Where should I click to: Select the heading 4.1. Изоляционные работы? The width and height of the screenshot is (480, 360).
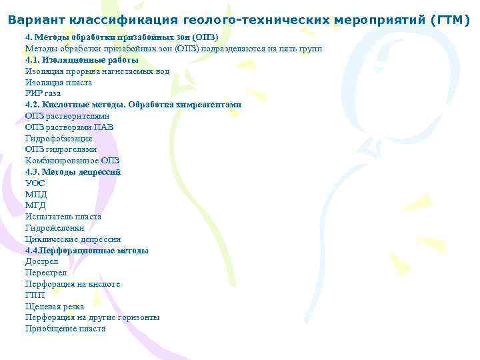[82, 60]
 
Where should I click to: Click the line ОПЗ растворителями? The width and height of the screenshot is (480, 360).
[67, 116]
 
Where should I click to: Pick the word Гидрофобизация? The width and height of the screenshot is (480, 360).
[59, 139]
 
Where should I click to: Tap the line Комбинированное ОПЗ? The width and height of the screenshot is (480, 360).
[73, 161]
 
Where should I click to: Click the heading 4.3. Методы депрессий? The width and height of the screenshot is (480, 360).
[73, 172]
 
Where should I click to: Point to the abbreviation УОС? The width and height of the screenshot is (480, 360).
[36, 183]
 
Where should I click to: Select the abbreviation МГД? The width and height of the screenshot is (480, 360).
[36, 205]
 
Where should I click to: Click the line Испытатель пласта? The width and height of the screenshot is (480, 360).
[63, 217]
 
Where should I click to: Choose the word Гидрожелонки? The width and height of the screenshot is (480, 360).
[55, 227]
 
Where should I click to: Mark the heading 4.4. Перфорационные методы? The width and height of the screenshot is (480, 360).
[87, 250]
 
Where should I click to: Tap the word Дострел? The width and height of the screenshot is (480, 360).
[42, 261]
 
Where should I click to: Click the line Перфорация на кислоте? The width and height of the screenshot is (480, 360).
[73, 283]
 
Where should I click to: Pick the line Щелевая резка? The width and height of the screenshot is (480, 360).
[55, 306]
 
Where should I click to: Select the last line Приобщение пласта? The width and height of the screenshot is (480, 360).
[65, 328]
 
